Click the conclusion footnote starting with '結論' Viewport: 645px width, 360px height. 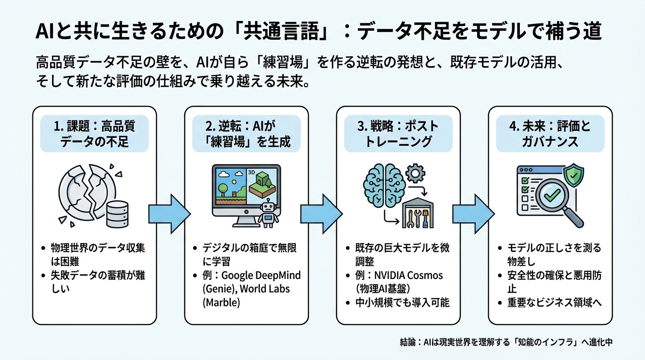point(504,342)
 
